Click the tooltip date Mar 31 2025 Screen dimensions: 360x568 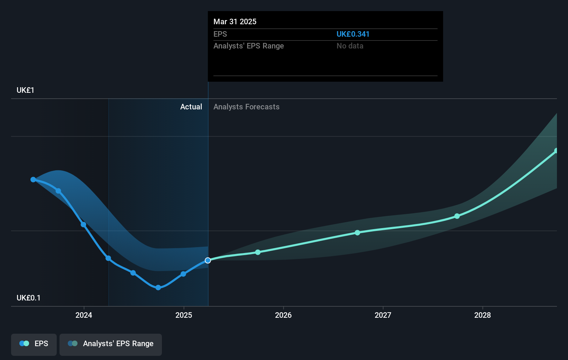(235, 21)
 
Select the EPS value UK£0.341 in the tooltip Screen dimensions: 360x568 (353, 34)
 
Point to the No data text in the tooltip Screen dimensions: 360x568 (350, 46)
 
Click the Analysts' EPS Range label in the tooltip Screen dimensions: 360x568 (248, 46)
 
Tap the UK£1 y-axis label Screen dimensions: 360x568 (25, 90)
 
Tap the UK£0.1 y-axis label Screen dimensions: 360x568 (28, 298)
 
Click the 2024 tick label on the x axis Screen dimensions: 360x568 (84, 315)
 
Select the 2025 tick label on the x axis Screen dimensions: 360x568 (184, 315)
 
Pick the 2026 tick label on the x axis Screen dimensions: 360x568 (283, 315)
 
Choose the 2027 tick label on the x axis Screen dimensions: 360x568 (383, 315)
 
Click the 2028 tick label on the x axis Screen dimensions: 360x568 (483, 315)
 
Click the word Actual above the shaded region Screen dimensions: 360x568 (191, 107)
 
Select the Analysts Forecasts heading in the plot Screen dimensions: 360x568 (246, 107)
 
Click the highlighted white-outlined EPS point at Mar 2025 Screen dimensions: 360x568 (208, 260)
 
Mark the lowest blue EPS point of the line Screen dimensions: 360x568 (158, 288)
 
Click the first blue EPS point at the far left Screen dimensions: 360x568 (33, 180)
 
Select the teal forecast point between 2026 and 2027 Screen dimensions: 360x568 (357, 233)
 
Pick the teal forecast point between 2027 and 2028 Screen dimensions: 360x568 (457, 216)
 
